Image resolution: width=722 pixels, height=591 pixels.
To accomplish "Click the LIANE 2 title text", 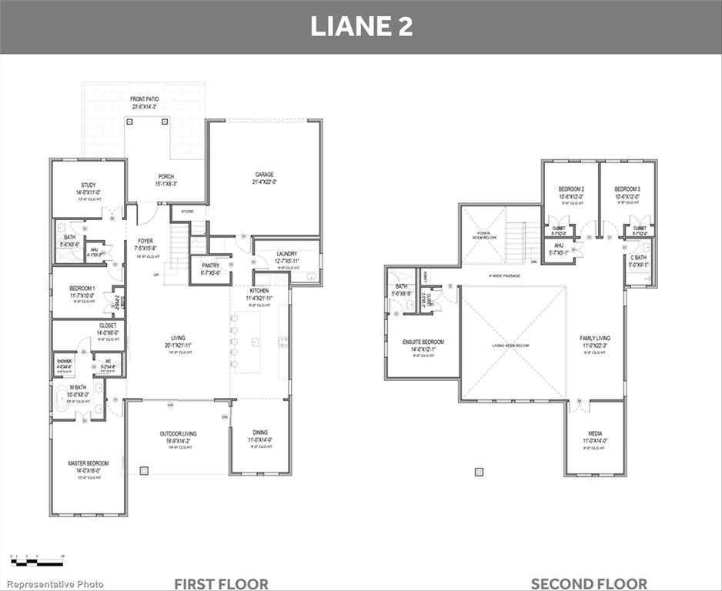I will click(x=361, y=26).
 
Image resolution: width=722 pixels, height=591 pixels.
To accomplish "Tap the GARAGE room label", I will click(x=264, y=175).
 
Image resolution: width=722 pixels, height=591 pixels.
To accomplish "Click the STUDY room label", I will click(x=88, y=185).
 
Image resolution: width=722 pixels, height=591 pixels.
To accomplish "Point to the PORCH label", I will click(x=166, y=176).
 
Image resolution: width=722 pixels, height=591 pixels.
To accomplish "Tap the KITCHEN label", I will click(x=259, y=291).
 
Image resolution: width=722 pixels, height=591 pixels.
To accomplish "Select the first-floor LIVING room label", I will click(x=179, y=338).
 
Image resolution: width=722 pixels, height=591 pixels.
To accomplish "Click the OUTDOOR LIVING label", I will click(x=178, y=434).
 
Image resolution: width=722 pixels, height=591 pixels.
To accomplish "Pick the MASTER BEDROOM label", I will click(x=88, y=463).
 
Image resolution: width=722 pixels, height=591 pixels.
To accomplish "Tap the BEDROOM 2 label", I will click(x=571, y=189).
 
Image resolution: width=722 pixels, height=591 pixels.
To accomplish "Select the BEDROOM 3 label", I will click(x=627, y=189).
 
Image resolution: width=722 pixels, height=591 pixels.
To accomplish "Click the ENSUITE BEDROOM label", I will click(x=423, y=342).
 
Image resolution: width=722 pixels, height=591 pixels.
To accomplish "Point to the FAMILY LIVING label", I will click(x=594, y=339).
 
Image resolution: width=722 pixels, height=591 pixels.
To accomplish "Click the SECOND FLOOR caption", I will click(x=589, y=583).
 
